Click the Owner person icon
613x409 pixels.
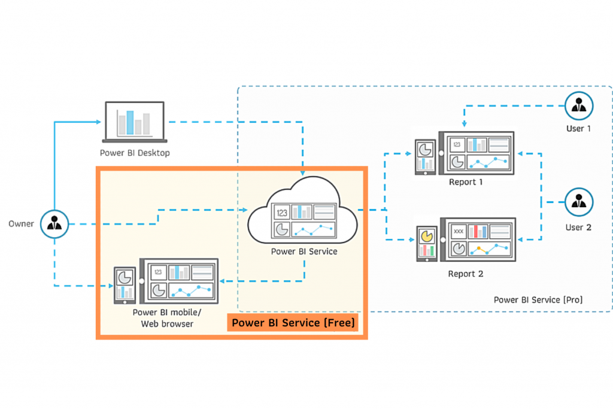(x=54, y=225)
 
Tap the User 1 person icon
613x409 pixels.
(x=579, y=107)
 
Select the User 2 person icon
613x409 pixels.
(x=579, y=202)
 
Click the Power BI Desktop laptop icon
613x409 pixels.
(x=134, y=122)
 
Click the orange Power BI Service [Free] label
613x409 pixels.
(x=293, y=323)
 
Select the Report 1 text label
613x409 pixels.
(x=466, y=182)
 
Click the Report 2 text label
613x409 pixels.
(x=466, y=274)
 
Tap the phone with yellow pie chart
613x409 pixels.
(x=426, y=243)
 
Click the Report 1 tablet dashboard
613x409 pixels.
(x=477, y=153)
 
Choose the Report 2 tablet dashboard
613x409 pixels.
(x=477, y=240)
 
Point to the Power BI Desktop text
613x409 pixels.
(x=135, y=153)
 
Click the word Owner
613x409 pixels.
(x=21, y=224)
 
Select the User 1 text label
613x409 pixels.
(x=579, y=129)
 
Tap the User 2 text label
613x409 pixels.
(x=579, y=227)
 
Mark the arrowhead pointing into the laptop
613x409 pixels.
(x=99, y=122)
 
